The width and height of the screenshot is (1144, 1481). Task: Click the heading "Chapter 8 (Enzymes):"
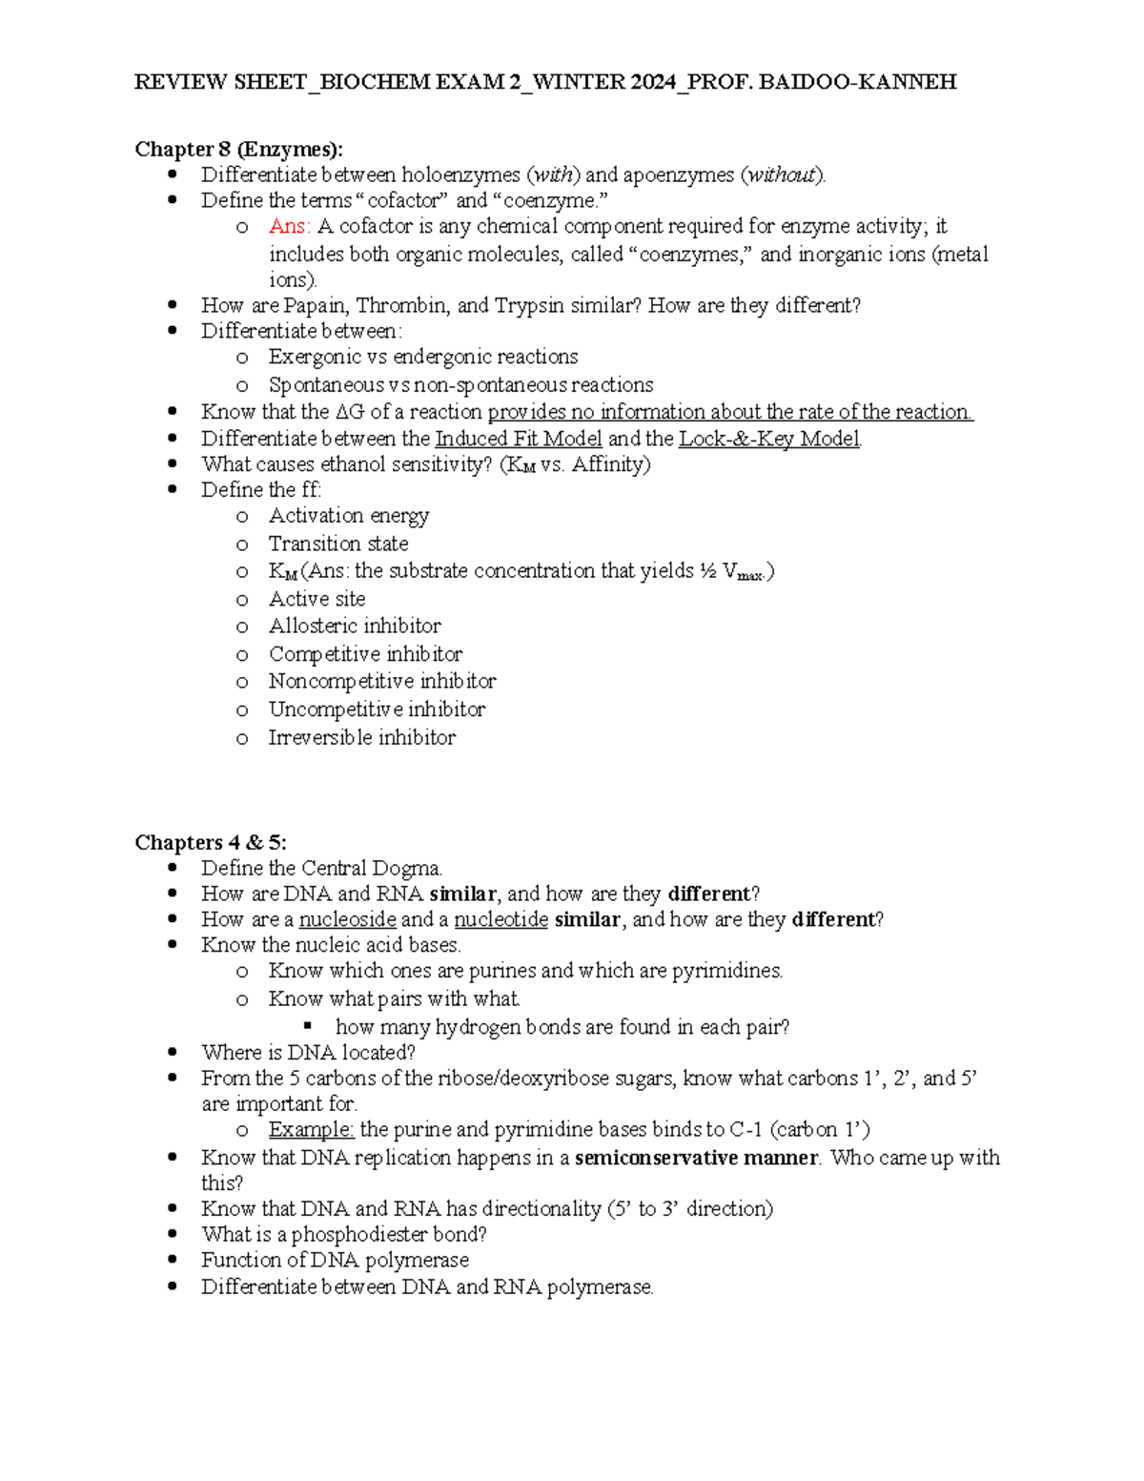click(238, 149)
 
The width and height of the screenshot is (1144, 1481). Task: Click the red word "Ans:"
click(289, 226)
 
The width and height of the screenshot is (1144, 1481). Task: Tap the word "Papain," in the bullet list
click(317, 305)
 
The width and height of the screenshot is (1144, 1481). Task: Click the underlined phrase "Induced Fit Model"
click(519, 439)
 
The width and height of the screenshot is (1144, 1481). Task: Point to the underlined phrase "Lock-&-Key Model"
click(769, 439)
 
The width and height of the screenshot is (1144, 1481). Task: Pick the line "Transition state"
click(338, 544)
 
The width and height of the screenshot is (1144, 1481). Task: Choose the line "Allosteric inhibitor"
click(355, 626)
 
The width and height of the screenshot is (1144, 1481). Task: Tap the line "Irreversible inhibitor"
click(362, 737)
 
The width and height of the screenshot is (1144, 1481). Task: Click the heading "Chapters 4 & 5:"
click(211, 842)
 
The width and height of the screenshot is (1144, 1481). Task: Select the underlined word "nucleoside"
click(347, 919)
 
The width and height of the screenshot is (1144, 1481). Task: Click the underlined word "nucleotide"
click(500, 919)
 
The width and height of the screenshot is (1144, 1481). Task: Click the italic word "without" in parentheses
click(783, 175)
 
